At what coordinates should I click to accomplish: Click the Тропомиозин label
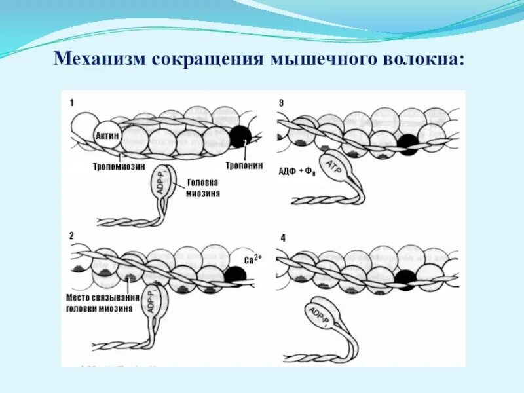tap(113, 167)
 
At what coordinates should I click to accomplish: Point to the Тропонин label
tap(244, 166)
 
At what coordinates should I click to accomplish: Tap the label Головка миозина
tap(202, 189)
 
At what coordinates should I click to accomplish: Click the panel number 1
tap(73, 103)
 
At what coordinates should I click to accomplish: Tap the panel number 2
tap(72, 234)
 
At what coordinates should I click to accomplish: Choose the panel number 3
tap(281, 103)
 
